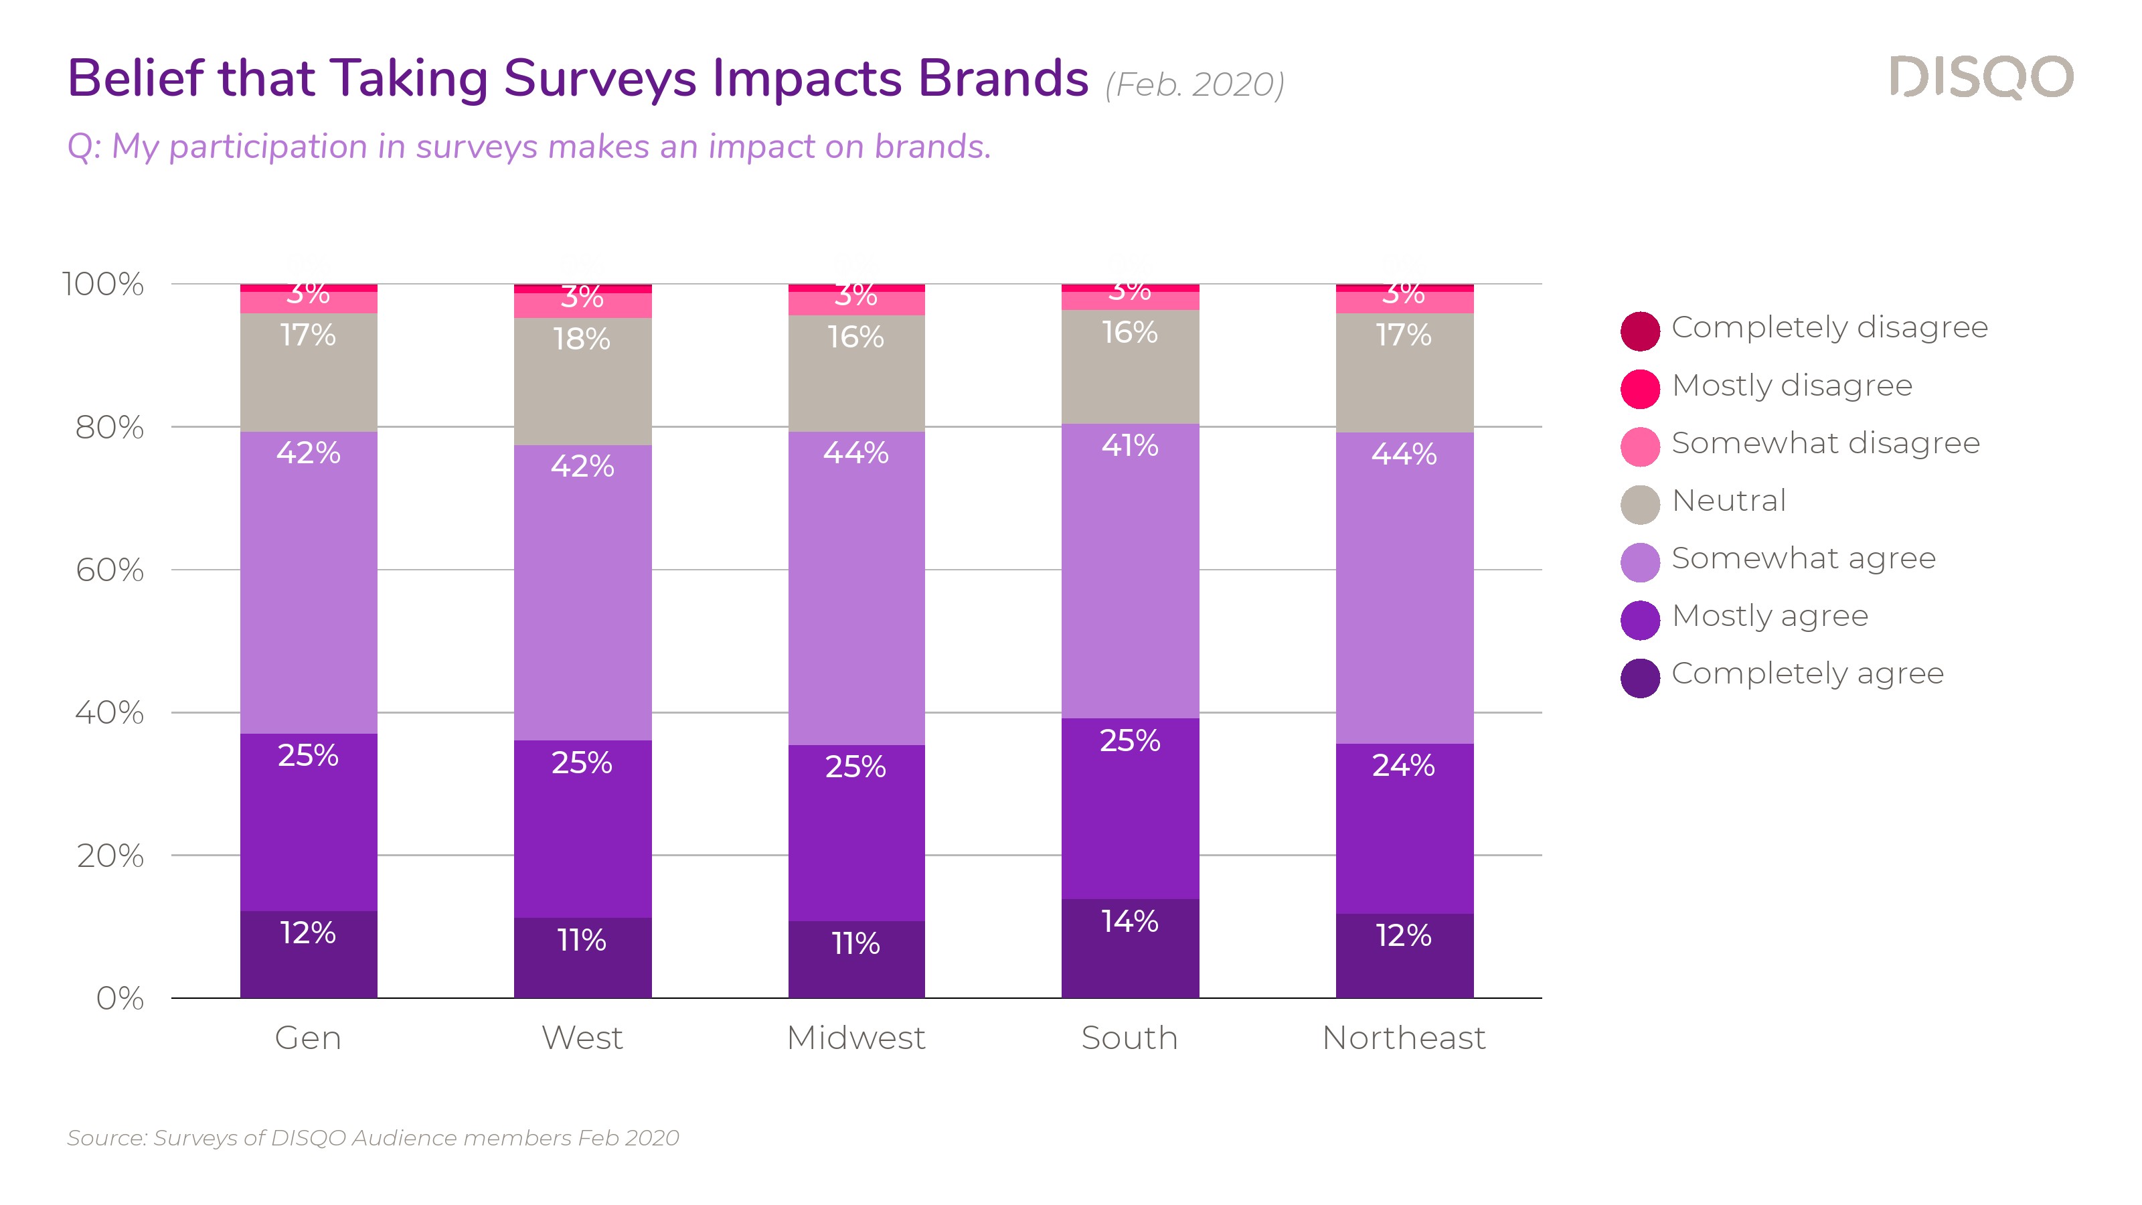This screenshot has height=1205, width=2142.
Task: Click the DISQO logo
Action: (1981, 78)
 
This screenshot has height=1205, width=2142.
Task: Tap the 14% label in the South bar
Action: (1129, 920)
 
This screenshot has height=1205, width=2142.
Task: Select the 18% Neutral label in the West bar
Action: (582, 339)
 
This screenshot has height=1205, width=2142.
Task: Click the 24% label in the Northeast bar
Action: (1404, 765)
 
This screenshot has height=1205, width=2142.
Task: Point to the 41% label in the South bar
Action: (1129, 445)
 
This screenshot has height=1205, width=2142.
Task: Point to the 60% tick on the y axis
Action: (110, 570)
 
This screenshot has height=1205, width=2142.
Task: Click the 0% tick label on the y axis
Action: (120, 998)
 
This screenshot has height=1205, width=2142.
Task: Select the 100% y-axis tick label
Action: (103, 285)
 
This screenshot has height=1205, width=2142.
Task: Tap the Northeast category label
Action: (1404, 1038)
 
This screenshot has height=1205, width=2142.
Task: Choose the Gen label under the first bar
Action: (309, 1038)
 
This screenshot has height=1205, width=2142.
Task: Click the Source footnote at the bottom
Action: (374, 1137)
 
